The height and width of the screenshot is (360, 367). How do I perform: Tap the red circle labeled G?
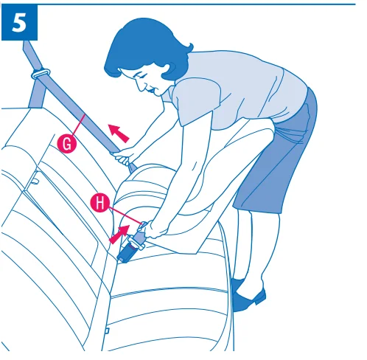coord(68,144)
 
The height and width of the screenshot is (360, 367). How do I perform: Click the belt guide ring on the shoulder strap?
coord(41,74)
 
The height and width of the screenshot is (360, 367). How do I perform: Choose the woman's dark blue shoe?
coord(249,297)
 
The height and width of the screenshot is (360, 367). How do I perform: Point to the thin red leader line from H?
coord(118,214)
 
